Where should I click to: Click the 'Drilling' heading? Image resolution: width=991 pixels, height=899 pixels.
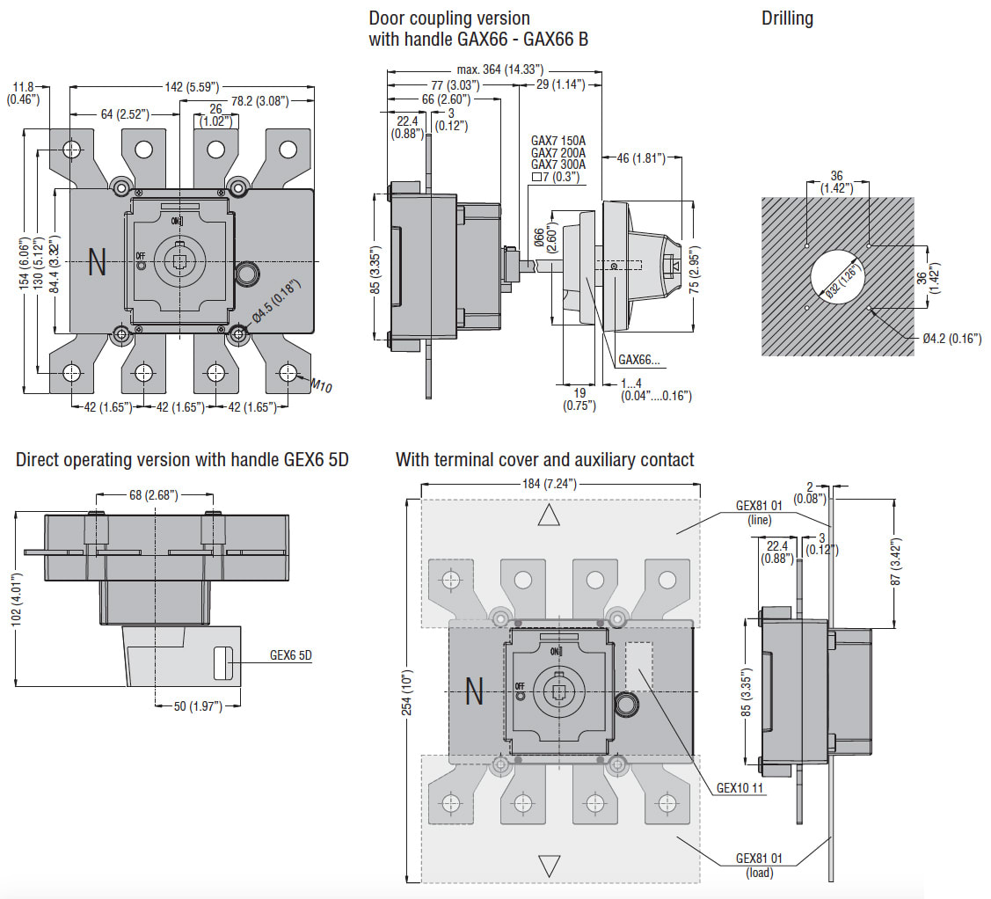[x=787, y=18]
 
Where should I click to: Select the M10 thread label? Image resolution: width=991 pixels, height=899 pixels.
[x=321, y=385]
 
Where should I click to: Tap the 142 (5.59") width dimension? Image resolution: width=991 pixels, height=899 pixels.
[x=191, y=86]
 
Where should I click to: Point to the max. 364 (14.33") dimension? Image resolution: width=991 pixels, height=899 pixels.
[x=499, y=69]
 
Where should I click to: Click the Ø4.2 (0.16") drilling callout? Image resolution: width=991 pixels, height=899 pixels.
[x=951, y=339]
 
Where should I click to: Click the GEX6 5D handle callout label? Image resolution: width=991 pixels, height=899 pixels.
[x=290, y=655]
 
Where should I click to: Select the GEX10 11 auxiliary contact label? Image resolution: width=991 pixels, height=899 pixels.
[x=740, y=788]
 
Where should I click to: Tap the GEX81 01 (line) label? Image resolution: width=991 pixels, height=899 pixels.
[x=759, y=513]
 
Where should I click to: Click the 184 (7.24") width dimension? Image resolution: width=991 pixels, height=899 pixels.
[x=559, y=484]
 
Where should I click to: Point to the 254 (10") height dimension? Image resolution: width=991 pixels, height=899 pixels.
[x=406, y=689]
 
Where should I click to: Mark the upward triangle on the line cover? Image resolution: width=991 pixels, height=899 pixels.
[x=549, y=515]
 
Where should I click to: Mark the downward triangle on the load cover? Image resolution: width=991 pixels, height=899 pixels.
[x=550, y=866]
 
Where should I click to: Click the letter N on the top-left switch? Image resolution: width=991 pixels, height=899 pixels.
[x=97, y=263]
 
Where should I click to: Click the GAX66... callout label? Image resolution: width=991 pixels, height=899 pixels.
[x=640, y=360]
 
